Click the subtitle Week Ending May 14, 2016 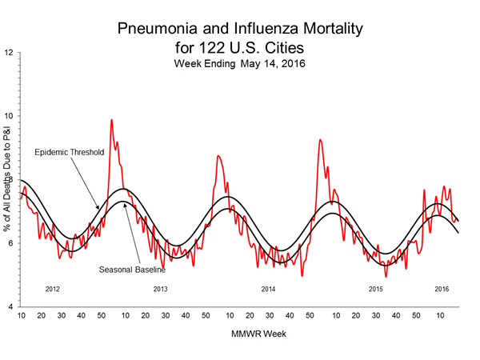tap(240, 62)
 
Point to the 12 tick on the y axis tap(9, 53)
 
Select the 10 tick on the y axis tap(9, 116)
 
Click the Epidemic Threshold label tap(68, 152)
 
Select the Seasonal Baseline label tap(131, 269)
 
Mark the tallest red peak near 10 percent tap(111, 120)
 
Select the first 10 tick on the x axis tap(21, 317)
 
